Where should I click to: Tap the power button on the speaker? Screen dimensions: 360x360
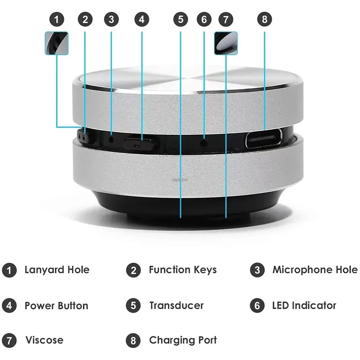click(141, 144)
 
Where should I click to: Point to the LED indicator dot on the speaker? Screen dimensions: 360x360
click(204, 142)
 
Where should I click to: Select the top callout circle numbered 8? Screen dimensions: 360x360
click(265, 19)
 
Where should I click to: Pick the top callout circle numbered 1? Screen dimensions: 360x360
click(57, 19)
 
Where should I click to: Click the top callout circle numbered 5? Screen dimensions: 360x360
click(180, 19)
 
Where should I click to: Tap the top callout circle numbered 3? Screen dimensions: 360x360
click(111, 19)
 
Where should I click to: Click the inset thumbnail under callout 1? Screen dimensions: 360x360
click(57, 43)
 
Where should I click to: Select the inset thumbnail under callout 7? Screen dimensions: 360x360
click(226, 43)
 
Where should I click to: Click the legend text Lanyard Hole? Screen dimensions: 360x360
click(57, 270)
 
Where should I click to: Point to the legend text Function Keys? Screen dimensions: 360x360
click(183, 270)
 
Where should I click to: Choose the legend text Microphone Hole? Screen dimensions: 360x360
click(315, 270)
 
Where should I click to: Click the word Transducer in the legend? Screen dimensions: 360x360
click(176, 306)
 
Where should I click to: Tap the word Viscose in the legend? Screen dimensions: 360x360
click(44, 340)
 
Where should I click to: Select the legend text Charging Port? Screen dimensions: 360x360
click(183, 340)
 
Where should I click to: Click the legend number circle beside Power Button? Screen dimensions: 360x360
click(9, 306)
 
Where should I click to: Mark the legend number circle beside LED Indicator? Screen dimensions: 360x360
click(257, 306)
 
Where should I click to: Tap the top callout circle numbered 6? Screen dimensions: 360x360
click(204, 19)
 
